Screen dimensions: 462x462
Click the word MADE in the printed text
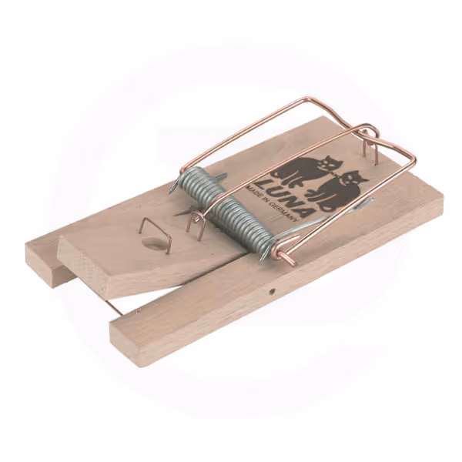tap(256, 191)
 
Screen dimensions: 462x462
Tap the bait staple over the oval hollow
tap(156, 235)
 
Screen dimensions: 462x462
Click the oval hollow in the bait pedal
tap(154, 243)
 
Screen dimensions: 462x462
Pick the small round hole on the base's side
tap(272, 291)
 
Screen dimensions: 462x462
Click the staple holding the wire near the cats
tap(370, 147)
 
